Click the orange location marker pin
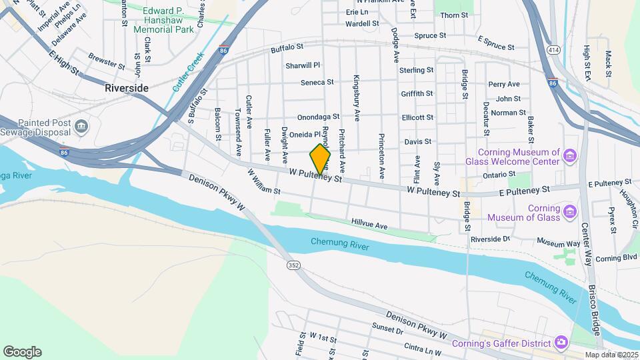320,159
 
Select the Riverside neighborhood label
127,88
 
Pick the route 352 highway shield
293,265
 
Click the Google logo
22,351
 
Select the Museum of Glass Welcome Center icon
569,157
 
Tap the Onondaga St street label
319,117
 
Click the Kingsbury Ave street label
357,97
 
